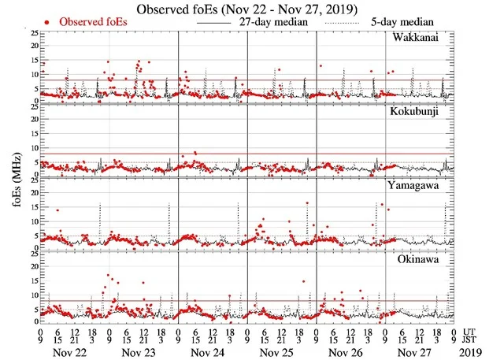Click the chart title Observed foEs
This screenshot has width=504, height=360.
tap(251, 9)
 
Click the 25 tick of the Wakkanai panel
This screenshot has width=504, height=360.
tap(32, 33)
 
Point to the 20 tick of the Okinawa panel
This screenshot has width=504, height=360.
tap(32, 265)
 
